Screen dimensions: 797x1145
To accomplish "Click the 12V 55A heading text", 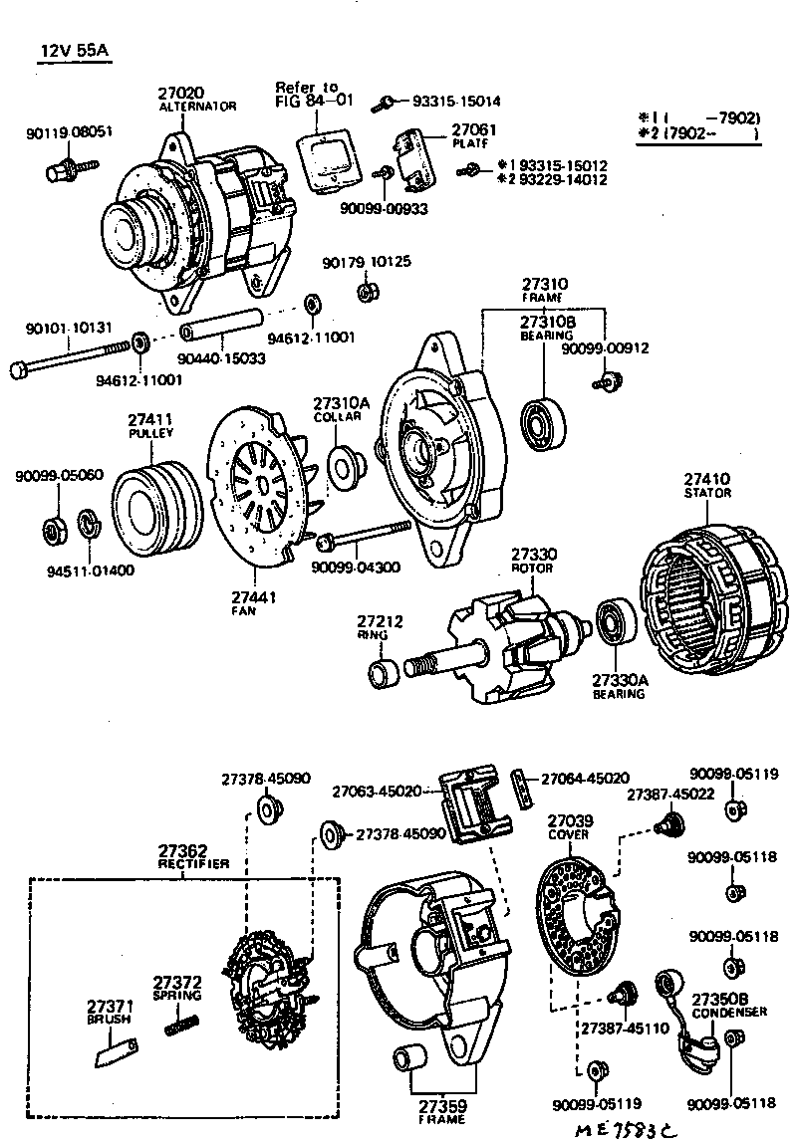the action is pos(75,50).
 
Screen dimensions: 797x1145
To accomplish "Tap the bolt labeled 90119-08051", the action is pos(61,170).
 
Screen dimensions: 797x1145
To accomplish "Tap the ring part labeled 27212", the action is pos(384,672).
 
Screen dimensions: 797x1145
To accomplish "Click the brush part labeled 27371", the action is pos(115,1049).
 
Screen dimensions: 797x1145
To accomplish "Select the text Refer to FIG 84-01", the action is pos(314,94).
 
